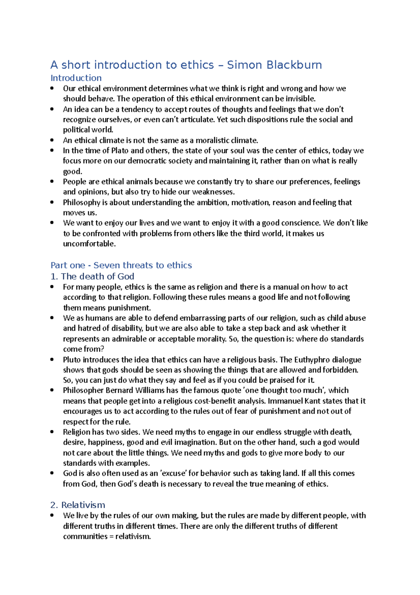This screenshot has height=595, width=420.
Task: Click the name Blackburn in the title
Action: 294,65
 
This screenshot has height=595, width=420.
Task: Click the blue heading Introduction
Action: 76,78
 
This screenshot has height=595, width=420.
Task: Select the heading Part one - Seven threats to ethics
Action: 121,265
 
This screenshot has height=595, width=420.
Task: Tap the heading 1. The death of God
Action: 92,276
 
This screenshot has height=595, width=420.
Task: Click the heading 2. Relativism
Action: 78,505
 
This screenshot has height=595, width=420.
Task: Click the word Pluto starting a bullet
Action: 72,360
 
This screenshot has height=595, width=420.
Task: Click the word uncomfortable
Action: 89,244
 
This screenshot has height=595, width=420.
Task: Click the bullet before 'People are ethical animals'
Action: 52,182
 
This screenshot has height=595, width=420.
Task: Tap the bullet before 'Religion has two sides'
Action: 52,432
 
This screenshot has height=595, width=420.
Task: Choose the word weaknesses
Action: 213,192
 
